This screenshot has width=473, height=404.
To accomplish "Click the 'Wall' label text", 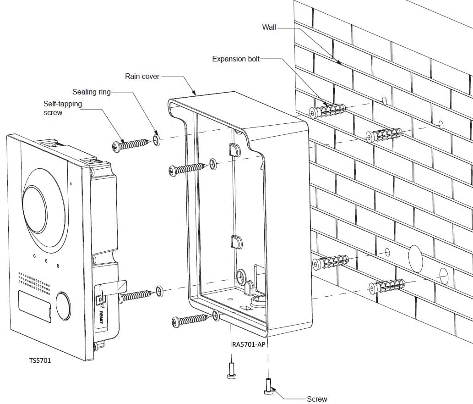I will pos(269,27).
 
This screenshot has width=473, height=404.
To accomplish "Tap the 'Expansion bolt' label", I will pos(236,59).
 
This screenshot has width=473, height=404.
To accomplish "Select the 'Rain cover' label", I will pos(142,76).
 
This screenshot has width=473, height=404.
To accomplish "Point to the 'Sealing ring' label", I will pos(92,92).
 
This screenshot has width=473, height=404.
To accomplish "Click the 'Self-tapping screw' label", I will pos(63,108).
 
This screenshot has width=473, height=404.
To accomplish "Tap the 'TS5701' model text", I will pos(40,360).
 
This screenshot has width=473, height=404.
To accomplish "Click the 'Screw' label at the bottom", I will pos(317,399).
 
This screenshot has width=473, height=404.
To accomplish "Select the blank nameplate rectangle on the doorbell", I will pos(35,304).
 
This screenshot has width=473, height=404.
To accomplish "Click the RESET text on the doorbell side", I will pos(102,316).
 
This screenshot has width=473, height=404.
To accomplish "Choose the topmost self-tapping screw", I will pos(130,144).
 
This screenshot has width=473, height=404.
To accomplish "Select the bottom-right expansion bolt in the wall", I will pos(386,286).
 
